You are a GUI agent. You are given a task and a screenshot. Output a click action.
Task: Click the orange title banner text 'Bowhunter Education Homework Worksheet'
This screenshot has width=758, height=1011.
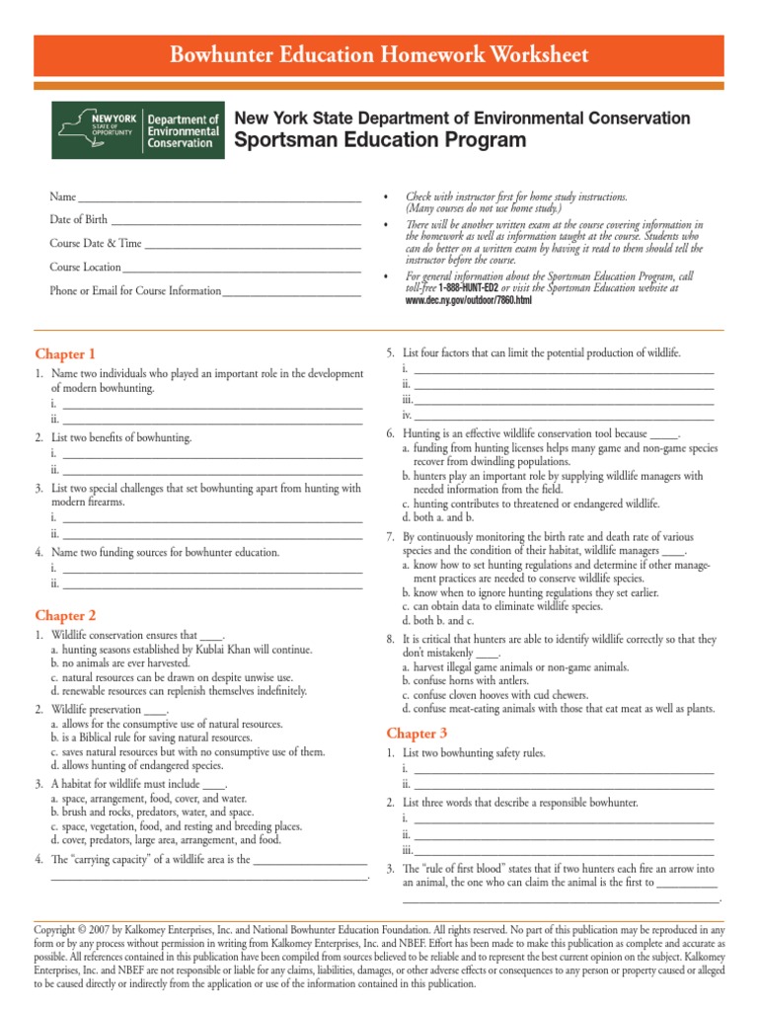(379, 53)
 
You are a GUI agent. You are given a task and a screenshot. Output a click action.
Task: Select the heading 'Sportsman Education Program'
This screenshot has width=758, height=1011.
(380, 140)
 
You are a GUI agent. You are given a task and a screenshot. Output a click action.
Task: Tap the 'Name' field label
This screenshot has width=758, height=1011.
(62, 197)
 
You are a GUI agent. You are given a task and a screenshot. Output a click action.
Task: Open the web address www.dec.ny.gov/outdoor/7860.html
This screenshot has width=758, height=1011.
(469, 299)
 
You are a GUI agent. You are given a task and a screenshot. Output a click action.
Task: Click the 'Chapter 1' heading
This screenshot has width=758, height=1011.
(65, 353)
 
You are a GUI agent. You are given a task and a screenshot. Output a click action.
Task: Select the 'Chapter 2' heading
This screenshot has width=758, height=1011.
(65, 615)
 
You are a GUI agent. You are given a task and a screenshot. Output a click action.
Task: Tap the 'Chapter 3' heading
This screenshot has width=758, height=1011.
(417, 733)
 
